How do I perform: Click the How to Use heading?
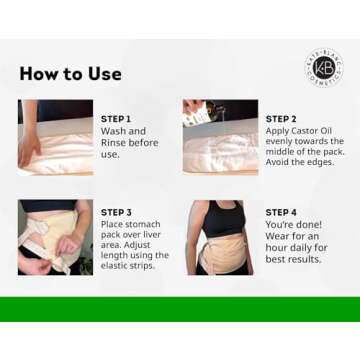click(x=70, y=74)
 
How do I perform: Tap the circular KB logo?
click(x=323, y=67)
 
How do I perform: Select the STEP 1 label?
click(x=116, y=119)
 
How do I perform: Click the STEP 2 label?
click(x=281, y=119)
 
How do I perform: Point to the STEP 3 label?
click(x=116, y=213)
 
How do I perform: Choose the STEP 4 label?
click(x=281, y=213)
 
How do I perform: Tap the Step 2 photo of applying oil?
click(x=220, y=136)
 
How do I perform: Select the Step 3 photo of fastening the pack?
click(x=55, y=237)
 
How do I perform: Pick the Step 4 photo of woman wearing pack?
click(x=219, y=237)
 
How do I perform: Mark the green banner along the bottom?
click(x=180, y=309)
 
